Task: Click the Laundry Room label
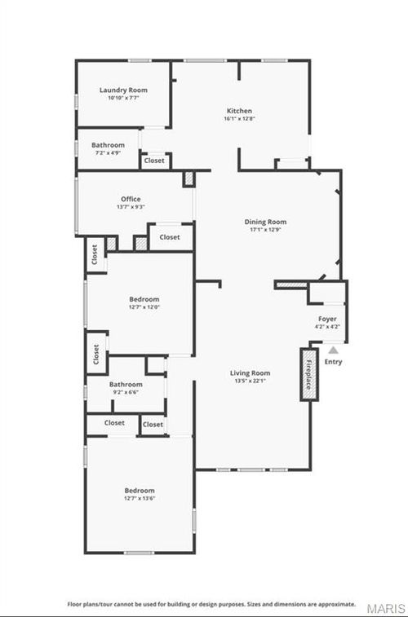[x=123, y=90]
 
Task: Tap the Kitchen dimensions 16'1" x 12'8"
[x=239, y=119]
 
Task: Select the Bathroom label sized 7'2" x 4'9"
[x=109, y=145]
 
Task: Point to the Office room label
[x=131, y=199]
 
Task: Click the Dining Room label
[x=266, y=221]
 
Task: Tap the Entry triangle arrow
[x=333, y=349]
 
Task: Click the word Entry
[x=334, y=362]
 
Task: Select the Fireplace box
[x=308, y=374]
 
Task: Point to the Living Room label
[x=250, y=372]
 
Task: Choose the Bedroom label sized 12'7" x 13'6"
[x=140, y=491]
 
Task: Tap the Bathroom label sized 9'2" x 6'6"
[x=126, y=384]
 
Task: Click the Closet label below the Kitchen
[x=154, y=161]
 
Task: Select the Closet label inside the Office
[x=170, y=237]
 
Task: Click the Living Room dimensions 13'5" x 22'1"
[x=250, y=381]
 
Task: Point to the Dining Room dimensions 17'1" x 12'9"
[x=266, y=229]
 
